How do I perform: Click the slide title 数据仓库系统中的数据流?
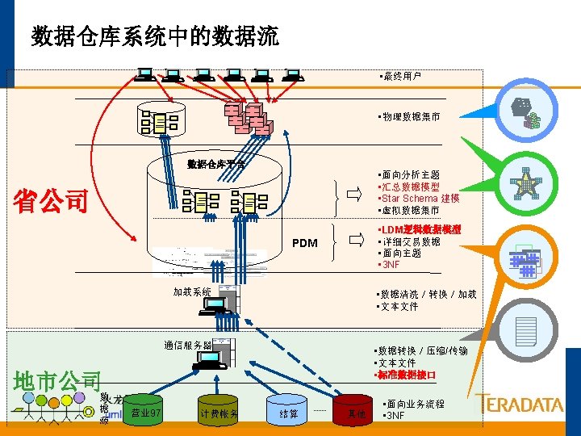(x=155, y=36)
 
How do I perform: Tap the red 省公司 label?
(x=51, y=201)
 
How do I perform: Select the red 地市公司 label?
(x=58, y=380)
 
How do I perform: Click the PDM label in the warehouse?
(x=304, y=243)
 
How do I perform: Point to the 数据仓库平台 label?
(x=215, y=164)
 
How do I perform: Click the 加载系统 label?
(x=192, y=291)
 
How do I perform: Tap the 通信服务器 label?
(x=187, y=345)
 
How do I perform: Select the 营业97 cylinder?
(x=147, y=412)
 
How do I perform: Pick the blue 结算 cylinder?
(x=288, y=413)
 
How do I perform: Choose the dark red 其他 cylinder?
(x=356, y=413)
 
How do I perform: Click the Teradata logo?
(x=519, y=403)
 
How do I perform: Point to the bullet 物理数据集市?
(x=409, y=117)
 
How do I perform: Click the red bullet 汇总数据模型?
(x=409, y=187)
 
